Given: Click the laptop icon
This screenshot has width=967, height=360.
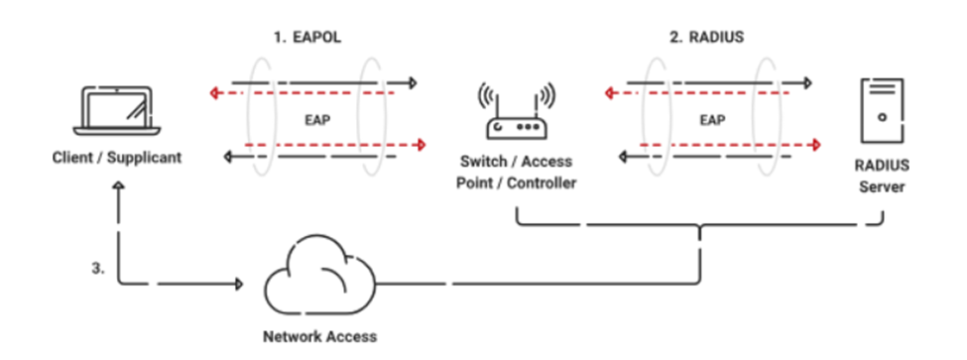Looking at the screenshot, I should pos(116,112).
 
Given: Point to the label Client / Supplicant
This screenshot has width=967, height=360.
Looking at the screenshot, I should pos(117,157).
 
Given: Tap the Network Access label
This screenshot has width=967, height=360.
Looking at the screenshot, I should pos(319,336).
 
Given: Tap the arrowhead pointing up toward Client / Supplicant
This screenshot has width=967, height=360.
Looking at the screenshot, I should pos(119,185).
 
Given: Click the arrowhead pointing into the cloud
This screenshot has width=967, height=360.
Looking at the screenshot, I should pos(238,284).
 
